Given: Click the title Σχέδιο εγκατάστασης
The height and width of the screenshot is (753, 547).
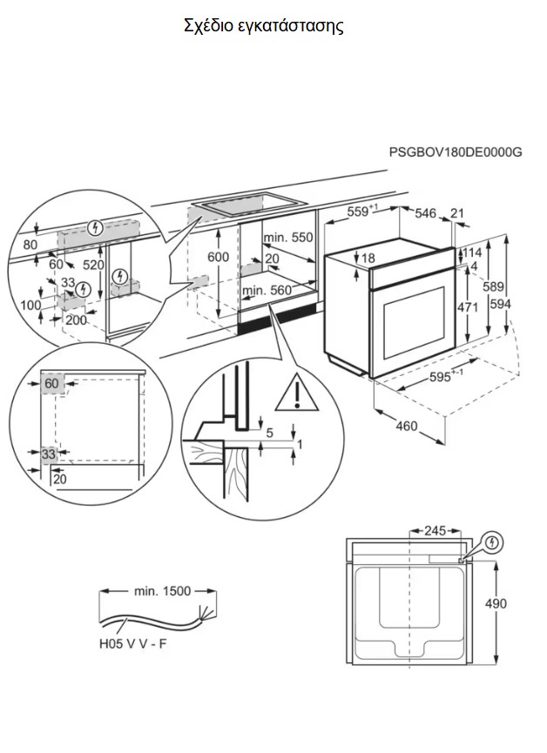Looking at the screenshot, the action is (x=264, y=26).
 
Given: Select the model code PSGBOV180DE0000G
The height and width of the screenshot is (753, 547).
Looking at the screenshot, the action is (x=456, y=152).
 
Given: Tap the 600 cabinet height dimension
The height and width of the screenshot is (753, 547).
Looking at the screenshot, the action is (x=219, y=257).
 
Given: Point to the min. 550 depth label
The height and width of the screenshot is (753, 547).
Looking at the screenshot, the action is (x=288, y=238).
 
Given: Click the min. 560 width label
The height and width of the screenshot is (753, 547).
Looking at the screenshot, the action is (x=267, y=290).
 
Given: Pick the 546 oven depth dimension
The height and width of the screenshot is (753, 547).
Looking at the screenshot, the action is (x=425, y=213).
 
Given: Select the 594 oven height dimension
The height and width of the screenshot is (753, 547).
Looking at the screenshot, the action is (x=500, y=304).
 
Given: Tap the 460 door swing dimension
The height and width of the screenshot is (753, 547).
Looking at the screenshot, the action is (x=407, y=426).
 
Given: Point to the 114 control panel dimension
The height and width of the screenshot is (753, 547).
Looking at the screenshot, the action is (x=472, y=253).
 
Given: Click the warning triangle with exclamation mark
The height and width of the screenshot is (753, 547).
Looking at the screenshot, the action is (x=297, y=393).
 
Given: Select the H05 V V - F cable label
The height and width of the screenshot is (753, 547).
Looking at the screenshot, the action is (x=132, y=643).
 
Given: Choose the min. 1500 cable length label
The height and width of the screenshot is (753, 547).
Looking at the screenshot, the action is (x=162, y=591).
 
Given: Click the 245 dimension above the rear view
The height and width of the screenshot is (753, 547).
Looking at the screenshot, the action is (x=435, y=531).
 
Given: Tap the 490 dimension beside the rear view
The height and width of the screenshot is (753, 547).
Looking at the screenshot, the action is (x=496, y=603).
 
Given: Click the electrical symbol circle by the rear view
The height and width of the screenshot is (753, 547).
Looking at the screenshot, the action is (x=492, y=543).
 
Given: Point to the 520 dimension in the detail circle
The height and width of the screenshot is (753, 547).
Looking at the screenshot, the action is (x=93, y=266).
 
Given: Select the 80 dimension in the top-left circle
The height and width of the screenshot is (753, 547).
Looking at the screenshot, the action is (x=30, y=245).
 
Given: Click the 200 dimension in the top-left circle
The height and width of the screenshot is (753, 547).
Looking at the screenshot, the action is (x=77, y=319).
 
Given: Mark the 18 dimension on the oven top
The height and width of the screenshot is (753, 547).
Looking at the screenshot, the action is (x=368, y=259).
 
